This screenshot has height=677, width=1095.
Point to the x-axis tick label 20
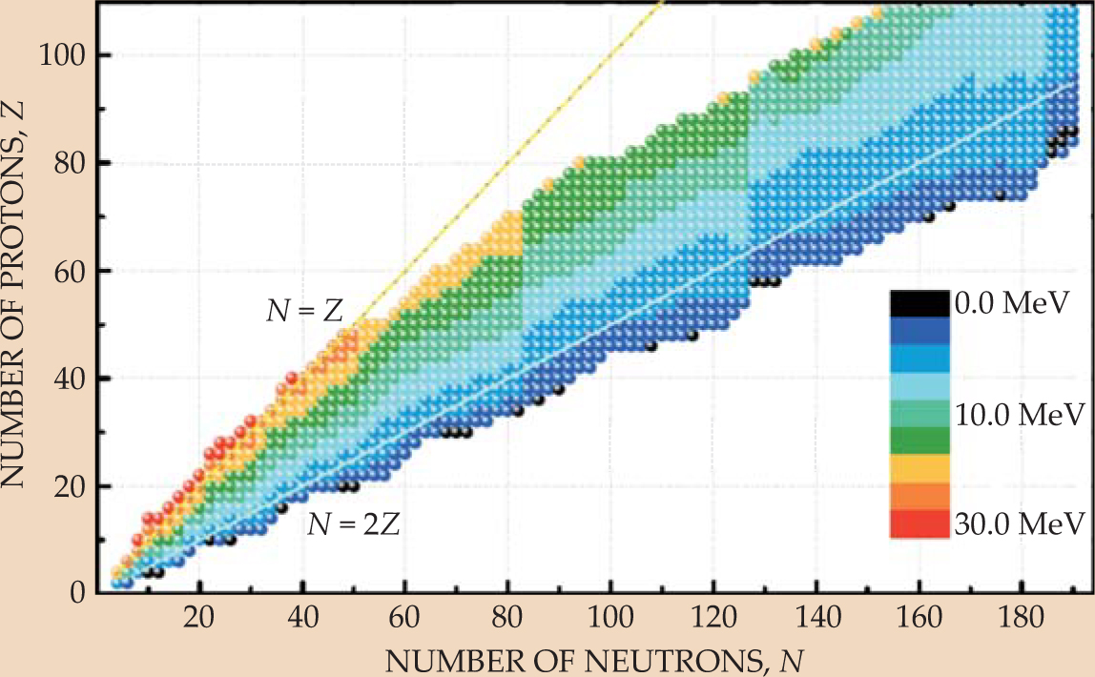tap(199, 616)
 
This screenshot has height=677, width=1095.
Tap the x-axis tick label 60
tap(405, 616)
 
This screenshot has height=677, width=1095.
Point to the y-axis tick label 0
tap(80, 593)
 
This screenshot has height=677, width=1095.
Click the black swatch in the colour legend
tap(919, 304)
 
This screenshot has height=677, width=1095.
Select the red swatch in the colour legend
tap(919, 523)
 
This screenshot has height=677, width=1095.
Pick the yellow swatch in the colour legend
tap(919, 468)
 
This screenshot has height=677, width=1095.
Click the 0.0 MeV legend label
tap(1009, 304)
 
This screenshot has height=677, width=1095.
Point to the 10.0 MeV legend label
tap(1017, 414)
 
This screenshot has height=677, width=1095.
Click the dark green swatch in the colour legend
tap(919, 441)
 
